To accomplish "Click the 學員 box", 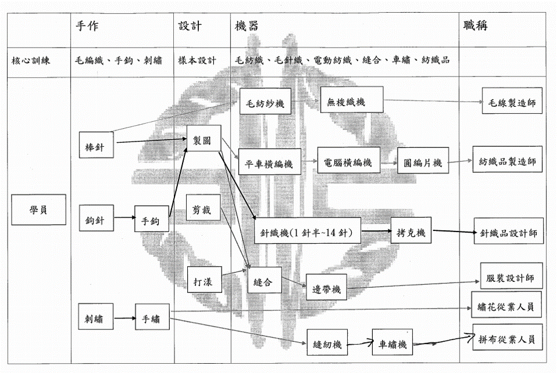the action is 39,209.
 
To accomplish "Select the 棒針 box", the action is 96,144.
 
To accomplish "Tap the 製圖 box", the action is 204,138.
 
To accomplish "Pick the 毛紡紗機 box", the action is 265,102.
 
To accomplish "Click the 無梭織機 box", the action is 352,100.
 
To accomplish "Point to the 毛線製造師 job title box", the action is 512,100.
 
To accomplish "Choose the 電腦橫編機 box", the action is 348,160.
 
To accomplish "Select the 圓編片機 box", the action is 423,160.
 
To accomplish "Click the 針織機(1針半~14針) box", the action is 307,230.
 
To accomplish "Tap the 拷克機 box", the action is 411,230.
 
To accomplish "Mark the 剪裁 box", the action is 203,207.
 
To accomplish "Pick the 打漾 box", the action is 205,280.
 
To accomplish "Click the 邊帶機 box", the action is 326,287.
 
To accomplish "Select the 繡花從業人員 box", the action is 506,305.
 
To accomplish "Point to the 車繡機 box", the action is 392,342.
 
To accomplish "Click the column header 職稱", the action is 475,26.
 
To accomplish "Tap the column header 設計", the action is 190,26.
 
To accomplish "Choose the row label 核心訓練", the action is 31,60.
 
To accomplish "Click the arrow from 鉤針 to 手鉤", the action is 125,218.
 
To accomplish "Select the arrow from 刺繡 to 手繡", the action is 125,318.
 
